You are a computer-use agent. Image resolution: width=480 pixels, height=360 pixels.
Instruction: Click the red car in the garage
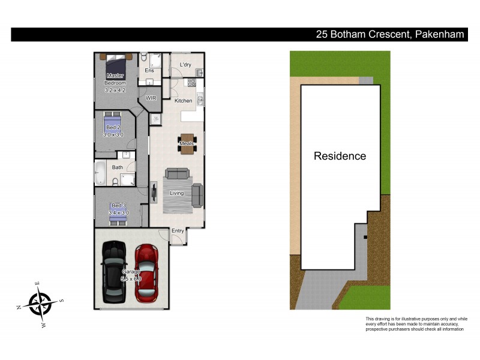click(147, 273)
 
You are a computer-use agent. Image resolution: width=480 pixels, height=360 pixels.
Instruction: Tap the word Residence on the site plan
click(340, 156)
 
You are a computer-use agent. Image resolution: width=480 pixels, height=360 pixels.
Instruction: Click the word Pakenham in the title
click(440, 35)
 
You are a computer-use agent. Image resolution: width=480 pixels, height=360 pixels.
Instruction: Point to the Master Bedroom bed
click(116, 63)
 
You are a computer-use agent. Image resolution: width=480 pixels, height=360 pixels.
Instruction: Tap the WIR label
click(151, 98)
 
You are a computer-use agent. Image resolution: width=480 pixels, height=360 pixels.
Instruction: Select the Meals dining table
click(187, 143)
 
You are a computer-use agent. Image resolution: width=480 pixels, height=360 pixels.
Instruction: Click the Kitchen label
click(184, 101)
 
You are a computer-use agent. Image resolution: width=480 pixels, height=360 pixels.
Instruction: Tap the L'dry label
click(185, 64)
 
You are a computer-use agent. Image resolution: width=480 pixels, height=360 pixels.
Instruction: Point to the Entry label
click(178, 231)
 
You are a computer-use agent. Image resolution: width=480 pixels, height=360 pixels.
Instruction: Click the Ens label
click(149, 71)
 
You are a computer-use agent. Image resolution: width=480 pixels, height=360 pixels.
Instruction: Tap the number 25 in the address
click(322, 35)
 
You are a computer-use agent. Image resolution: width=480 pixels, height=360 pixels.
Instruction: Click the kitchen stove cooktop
click(193, 83)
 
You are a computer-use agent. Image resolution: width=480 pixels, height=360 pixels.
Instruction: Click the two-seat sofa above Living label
click(177, 174)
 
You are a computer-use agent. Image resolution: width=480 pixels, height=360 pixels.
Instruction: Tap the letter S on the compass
click(61, 301)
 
